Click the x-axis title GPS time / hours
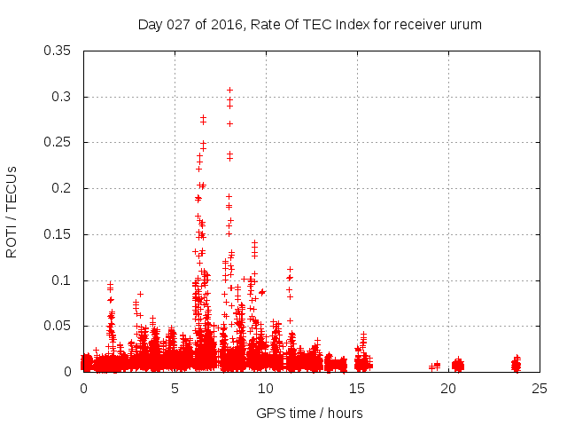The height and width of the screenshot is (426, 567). tap(309, 413)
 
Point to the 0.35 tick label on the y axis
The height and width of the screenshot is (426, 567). tap(58, 50)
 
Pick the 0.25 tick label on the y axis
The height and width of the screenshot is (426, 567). tap(58, 142)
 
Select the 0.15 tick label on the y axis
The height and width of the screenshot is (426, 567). tap(58, 234)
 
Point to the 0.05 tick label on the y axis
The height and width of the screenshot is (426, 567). tap(58, 326)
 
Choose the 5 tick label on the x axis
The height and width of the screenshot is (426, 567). tap(175, 389)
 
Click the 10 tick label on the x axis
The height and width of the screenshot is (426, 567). tap(266, 389)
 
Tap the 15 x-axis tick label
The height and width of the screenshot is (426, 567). tap(357, 389)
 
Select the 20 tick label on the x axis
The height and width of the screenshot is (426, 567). tap(448, 389)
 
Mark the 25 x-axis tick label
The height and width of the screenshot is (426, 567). tap(540, 389)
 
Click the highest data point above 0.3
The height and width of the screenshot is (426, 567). tap(229, 90)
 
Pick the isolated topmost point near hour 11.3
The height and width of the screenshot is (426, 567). tap(290, 269)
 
